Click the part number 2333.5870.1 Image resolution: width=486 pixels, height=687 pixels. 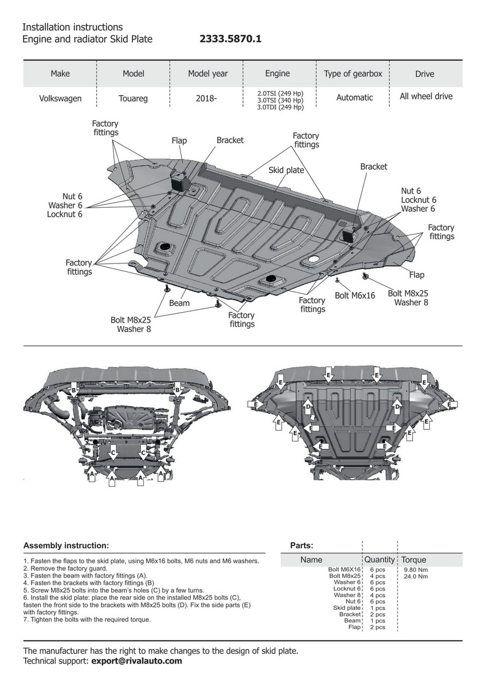coord(230,39)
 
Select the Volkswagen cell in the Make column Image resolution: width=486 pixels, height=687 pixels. coord(60,98)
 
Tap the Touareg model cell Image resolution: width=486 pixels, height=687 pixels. coord(133,98)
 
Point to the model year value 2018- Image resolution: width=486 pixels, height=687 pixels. coord(206,98)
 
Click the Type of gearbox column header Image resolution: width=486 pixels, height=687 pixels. coord(353,73)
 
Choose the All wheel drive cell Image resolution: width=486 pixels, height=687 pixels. coord(426,96)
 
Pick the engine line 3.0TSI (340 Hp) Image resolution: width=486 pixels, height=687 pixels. coord(280,100)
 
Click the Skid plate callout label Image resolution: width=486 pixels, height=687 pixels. coord(286,170)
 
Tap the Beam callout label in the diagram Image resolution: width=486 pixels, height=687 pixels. coord(179,302)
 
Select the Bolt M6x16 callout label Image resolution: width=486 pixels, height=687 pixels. coord(355,295)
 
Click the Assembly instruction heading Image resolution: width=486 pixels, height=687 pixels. coord(66,546)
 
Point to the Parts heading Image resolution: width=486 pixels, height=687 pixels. coord(302,546)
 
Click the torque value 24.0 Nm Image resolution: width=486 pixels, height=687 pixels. coord(416,576)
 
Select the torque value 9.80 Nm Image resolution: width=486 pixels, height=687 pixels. coord(416,570)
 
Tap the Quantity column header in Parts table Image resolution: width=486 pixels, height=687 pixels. coord(380,559)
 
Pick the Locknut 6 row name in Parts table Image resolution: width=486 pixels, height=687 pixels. coord(347,589)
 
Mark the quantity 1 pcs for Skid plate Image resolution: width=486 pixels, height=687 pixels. coord(377,608)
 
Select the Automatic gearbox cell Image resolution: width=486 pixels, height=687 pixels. coord(354,98)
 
